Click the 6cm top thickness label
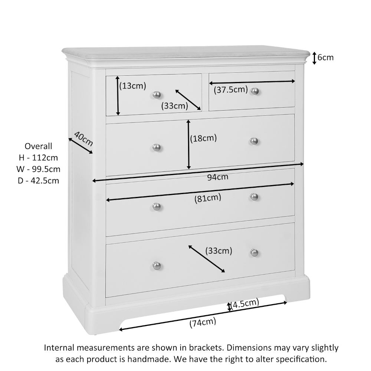(325, 58)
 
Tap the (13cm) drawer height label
(132, 86)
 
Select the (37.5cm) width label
(230, 89)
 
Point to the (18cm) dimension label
(203, 138)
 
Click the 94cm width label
(217, 177)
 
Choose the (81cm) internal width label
(207, 198)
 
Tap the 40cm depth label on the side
(83, 139)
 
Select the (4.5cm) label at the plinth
(244, 304)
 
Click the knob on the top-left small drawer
(157, 95)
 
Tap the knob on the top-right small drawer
(255, 91)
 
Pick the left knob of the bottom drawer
(157, 266)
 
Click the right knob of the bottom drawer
(254, 253)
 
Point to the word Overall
(38, 146)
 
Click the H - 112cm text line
(38, 158)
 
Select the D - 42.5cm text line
(38, 181)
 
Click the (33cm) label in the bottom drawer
(219, 251)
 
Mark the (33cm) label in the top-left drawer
(174, 106)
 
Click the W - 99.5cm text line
(38, 169)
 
